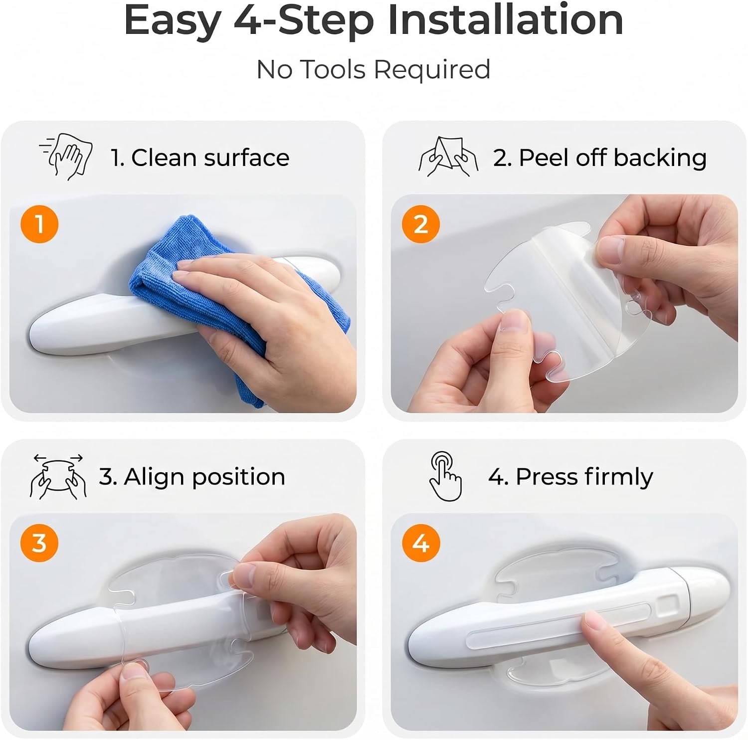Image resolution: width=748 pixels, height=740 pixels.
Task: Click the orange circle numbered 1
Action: (39, 224)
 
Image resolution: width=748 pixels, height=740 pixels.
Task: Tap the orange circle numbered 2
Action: (421, 224)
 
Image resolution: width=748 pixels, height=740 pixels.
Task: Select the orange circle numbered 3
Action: (39, 543)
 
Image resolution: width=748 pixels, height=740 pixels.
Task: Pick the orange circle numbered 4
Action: (421, 543)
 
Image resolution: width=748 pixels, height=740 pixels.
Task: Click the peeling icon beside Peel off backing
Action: (448, 157)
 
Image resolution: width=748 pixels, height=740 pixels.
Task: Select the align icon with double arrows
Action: (58, 476)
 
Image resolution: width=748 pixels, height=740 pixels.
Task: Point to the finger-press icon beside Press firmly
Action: (445, 476)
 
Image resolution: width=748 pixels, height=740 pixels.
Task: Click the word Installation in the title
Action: (506, 20)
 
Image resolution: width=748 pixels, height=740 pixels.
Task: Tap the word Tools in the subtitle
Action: (333, 69)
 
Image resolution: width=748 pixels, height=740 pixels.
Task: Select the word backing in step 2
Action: (660, 158)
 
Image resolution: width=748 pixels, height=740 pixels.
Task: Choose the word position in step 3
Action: (238, 478)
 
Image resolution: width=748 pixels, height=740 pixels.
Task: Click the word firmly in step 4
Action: (619, 477)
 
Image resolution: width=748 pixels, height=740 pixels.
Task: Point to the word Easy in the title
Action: (172, 21)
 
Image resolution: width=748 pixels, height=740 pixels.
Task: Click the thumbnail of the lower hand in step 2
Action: (515, 324)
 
